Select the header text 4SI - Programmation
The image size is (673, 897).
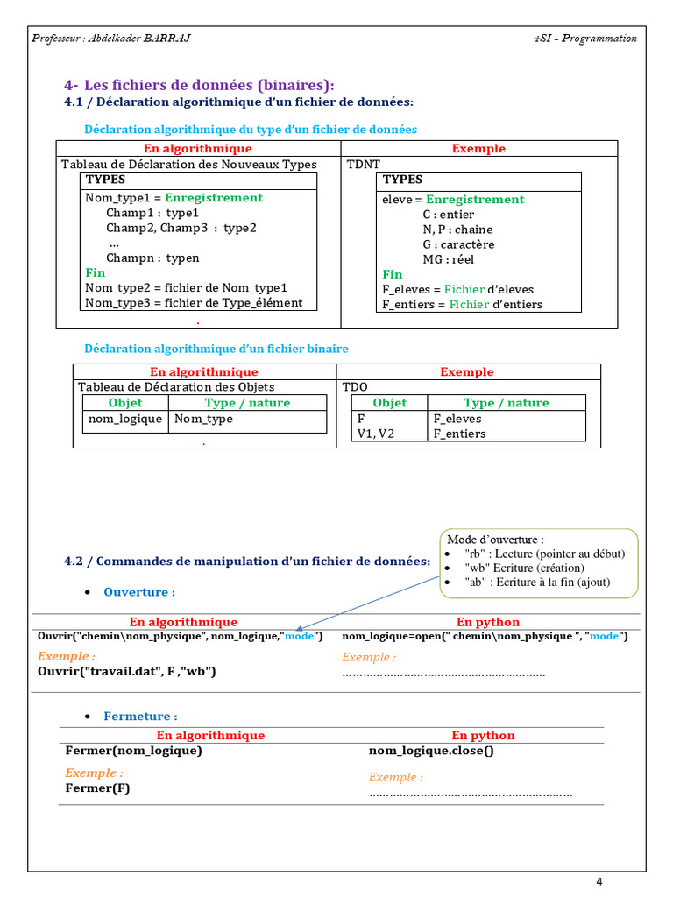coord(584,38)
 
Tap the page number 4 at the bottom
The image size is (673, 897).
coord(599,881)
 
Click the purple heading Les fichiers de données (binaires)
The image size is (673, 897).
coord(209,85)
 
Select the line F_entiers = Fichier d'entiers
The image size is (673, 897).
coord(462,304)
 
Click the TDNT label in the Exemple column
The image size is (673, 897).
coord(364,164)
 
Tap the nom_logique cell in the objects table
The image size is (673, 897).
coord(125,419)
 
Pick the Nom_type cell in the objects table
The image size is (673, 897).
coord(204,419)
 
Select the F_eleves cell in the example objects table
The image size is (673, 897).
coord(457,419)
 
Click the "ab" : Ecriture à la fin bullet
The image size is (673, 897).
coord(537,582)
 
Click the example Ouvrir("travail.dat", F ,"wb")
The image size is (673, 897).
coord(126,671)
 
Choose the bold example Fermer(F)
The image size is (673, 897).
coord(97,788)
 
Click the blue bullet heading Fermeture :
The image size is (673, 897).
coord(140,717)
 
